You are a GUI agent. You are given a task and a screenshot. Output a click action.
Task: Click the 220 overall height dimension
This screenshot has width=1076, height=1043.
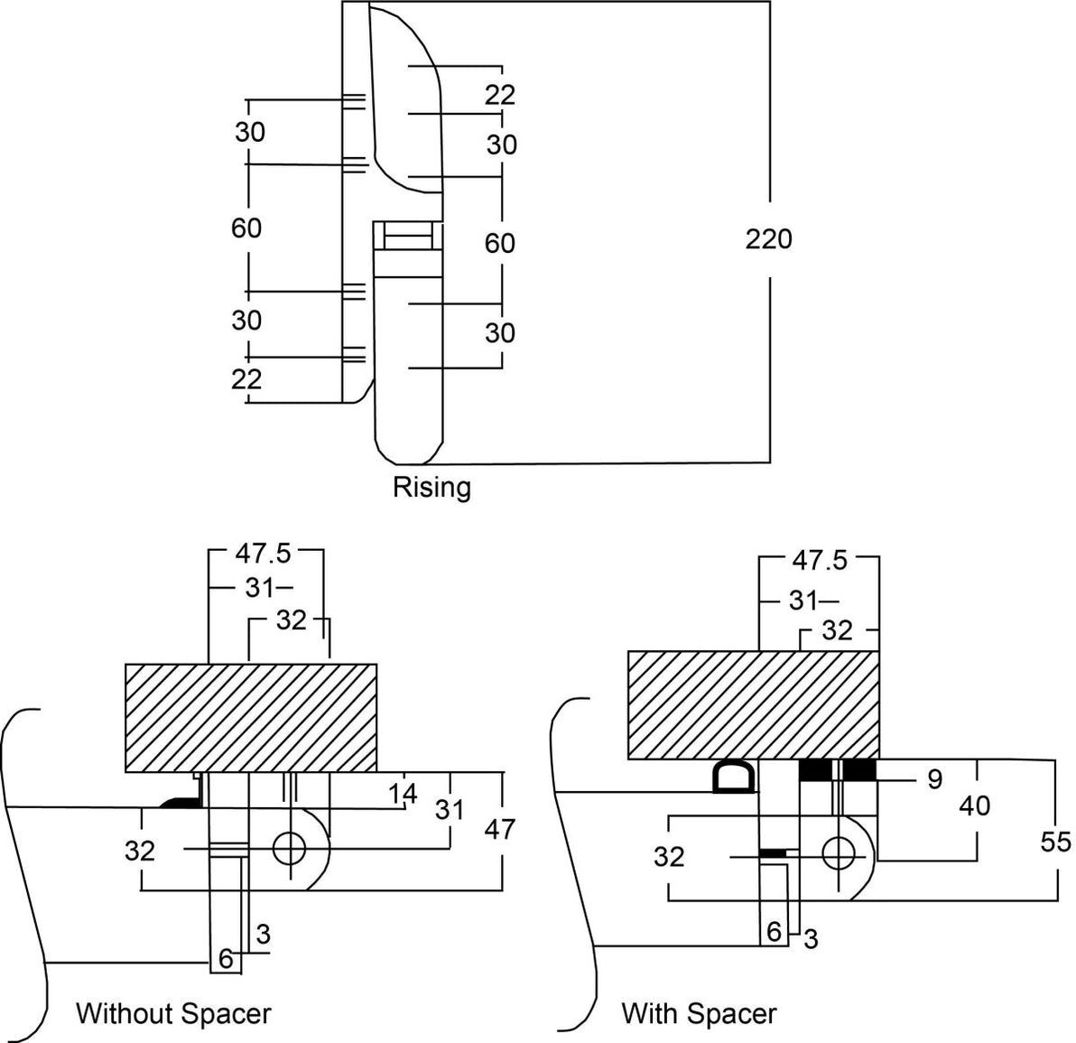pyautogui.click(x=768, y=239)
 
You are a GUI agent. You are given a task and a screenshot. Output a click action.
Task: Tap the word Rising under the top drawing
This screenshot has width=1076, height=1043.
pyautogui.click(x=431, y=488)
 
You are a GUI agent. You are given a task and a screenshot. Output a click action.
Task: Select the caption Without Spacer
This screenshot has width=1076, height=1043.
pyautogui.click(x=173, y=1013)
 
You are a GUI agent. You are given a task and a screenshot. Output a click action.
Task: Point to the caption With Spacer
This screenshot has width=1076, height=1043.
pyautogui.click(x=699, y=1013)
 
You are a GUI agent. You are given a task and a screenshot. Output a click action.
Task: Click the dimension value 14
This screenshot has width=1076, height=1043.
pyautogui.click(x=403, y=794)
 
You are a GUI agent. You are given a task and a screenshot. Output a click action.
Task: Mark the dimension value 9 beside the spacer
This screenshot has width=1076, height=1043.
pyautogui.click(x=934, y=778)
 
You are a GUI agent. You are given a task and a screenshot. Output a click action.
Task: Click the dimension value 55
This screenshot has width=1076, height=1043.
pyautogui.click(x=1054, y=842)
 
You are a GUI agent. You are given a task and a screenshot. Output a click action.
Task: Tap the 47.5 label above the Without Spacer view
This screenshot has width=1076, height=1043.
pyautogui.click(x=264, y=553)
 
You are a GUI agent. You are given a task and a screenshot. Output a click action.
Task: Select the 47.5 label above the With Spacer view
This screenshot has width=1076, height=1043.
pyautogui.click(x=820, y=560)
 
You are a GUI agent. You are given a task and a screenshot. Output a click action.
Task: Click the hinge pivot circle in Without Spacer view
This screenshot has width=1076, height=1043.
pyautogui.click(x=291, y=848)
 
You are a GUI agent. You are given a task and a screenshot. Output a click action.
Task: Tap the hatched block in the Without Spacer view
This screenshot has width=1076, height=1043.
pyautogui.click(x=250, y=718)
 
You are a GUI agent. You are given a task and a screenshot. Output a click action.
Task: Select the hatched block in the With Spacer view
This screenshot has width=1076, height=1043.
pyautogui.click(x=753, y=704)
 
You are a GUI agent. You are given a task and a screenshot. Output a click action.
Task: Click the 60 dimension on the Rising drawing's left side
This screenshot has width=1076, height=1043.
pyautogui.click(x=246, y=228)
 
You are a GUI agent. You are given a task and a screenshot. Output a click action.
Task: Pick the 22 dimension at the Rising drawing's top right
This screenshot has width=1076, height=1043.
pyautogui.click(x=498, y=95)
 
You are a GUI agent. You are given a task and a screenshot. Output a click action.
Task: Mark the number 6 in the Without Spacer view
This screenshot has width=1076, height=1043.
pyautogui.click(x=226, y=960)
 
